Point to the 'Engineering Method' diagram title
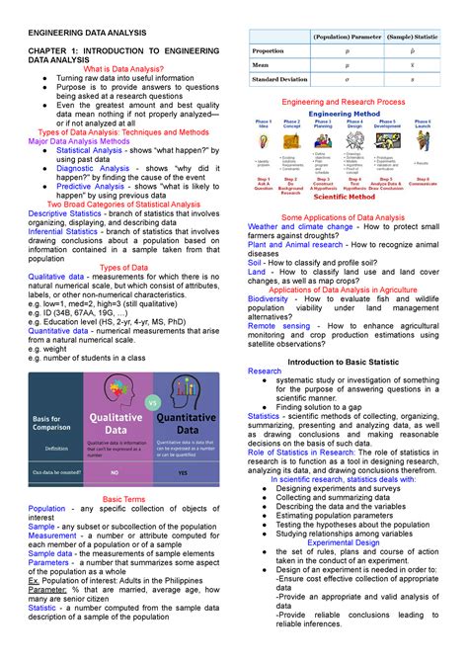pos(346,114)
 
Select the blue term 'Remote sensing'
pos(282,324)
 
